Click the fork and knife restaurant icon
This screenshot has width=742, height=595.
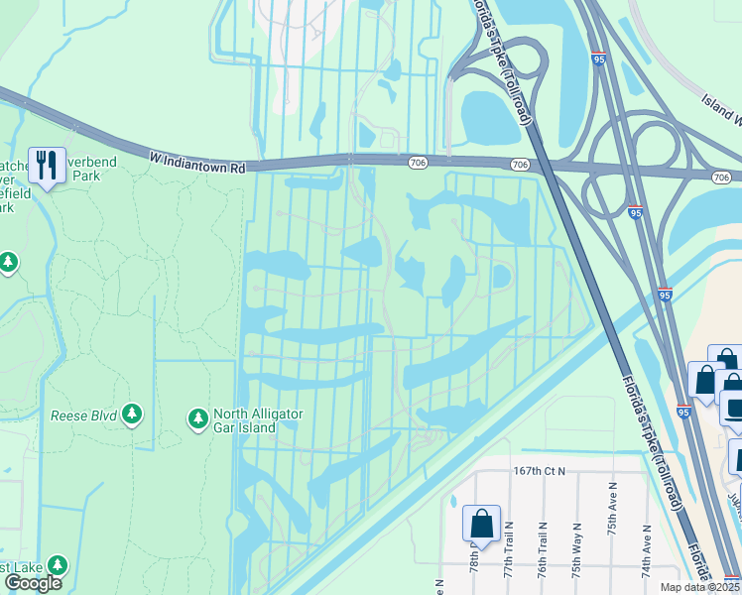click(x=47, y=166)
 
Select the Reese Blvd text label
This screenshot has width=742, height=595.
click(x=83, y=415)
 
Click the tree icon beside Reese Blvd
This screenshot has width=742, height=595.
click(x=131, y=415)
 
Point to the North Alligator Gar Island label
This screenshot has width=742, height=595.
click(x=259, y=420)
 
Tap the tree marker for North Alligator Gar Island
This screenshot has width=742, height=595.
click(x=197, y=420)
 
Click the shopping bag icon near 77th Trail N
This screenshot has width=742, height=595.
click(x=481, y=523)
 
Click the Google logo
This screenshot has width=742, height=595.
click(x=33, y=583)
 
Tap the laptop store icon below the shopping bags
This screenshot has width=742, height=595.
click(x=734, y=409)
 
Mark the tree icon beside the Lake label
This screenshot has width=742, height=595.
click(x=58, y=565)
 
